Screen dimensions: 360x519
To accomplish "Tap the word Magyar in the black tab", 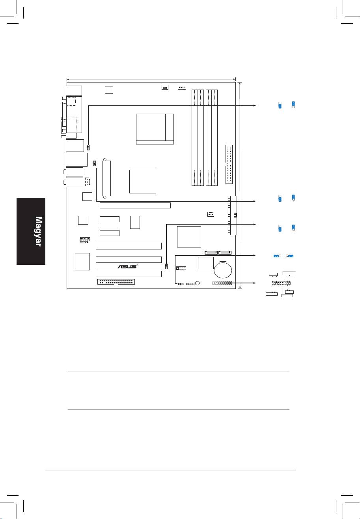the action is [x=39, y=231].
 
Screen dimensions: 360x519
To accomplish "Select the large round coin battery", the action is [x=223, y=270].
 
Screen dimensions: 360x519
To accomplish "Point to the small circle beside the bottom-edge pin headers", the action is [x=198, y=283].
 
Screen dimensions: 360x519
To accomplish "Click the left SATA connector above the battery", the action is [x=211, y=253].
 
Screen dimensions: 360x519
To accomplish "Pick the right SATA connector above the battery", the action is [x=225, y=253].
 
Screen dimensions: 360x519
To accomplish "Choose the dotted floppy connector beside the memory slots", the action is [x=229, y=164].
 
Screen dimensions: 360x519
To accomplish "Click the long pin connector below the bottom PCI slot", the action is [x=116, y=282].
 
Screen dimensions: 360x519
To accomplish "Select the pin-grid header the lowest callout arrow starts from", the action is [x=222, y=283].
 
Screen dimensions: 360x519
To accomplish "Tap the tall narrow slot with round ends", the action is [x=107, y=178].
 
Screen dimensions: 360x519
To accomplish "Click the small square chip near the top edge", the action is [x=109, y=90].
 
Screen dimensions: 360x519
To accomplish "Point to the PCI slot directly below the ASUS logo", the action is [x=129, y=274].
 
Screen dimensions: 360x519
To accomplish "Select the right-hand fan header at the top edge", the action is [x=182, y=87].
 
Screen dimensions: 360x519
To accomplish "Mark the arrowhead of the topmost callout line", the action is [x=254, y=105].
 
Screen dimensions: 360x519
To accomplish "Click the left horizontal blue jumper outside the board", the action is [x=277, y=256].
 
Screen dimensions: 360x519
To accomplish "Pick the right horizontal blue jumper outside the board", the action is [x=290, y=256].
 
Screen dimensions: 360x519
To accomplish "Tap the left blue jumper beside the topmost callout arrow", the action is [x=280, y=105].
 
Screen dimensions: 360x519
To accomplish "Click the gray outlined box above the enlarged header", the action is [x=289, y=273].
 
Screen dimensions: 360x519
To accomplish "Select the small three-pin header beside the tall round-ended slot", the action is [x=95, y=163].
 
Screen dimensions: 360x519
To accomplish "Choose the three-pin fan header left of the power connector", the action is [x=211, y=214].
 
